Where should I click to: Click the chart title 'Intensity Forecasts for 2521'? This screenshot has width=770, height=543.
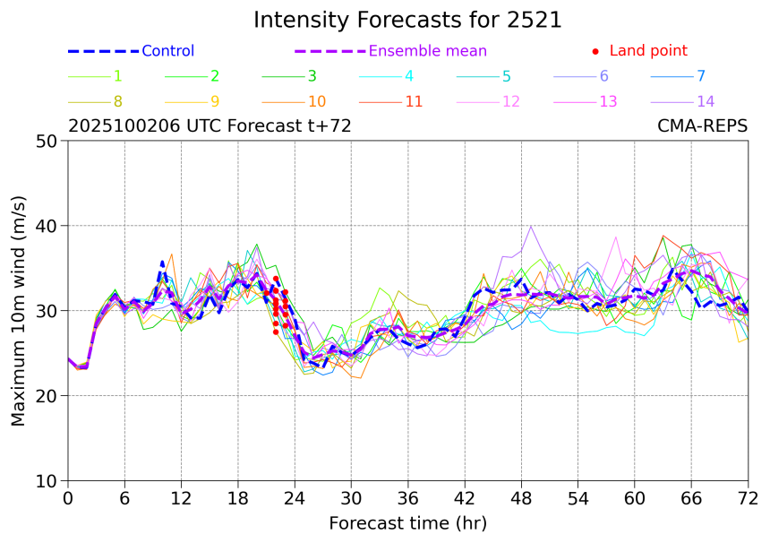(407, 20)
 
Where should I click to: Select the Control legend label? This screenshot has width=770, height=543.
(167, 51)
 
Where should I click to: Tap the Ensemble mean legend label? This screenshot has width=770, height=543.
(428, 51)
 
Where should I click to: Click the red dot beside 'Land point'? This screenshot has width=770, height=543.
(595, 51)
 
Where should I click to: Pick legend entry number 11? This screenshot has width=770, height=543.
(414, 101)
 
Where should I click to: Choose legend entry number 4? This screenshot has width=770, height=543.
(409, 76)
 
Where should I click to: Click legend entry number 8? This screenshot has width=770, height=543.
(118, 101)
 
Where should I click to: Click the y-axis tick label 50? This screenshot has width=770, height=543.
(47, 141)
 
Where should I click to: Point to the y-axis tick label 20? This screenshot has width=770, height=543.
(47, 396)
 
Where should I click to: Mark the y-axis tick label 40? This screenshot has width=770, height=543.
(47, 226)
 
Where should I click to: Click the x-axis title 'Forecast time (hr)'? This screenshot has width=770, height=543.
(407, 522)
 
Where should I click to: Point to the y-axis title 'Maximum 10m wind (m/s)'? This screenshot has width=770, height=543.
(19, 310)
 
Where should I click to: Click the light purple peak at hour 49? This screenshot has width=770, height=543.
(531, 226)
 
